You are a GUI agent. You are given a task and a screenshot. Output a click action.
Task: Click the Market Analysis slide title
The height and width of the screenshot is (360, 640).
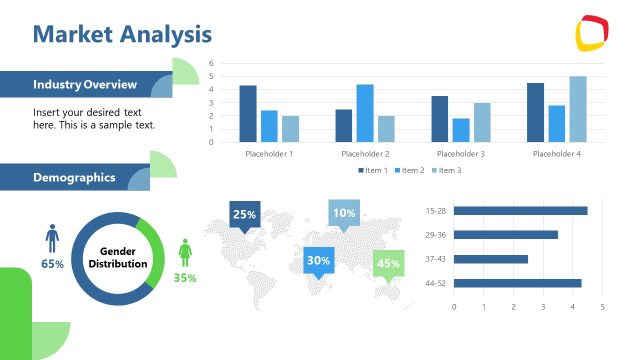[x=122, y=34]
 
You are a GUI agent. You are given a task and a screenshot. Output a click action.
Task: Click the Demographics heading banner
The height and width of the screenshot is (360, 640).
[x=74, y=178]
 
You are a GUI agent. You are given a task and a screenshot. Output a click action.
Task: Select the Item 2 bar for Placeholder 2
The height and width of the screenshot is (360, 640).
[x=364, y=113]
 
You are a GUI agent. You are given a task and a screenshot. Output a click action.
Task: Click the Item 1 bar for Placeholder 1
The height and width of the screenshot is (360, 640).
[x=248, y=113]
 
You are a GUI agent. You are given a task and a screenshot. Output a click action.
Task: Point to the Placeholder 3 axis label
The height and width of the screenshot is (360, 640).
[x=461, y=154]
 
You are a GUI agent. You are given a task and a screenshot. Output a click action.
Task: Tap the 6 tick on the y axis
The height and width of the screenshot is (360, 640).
[x=212, y=63]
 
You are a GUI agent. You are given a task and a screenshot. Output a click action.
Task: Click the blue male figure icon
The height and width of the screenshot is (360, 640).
[x=52, y=238]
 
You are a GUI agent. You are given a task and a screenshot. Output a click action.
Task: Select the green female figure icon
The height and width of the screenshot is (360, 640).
[x=185, y=253]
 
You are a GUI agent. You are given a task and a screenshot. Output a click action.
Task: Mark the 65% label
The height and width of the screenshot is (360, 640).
[x=52, y=264]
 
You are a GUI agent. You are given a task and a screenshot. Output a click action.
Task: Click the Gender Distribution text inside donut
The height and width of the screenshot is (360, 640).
[x=118, y=257]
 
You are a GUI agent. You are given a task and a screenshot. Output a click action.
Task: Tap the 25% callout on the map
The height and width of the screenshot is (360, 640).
[x=245, y=214]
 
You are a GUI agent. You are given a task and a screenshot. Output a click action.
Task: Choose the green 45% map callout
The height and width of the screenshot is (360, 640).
[x=388, y=264]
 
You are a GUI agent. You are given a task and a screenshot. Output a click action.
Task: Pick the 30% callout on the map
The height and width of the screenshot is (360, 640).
[x=318, y=260]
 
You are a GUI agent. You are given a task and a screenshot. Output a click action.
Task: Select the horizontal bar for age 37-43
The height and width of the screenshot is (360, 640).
[x=491, y=259]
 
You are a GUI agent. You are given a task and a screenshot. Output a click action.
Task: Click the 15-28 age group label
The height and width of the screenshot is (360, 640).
[x=435, y=211]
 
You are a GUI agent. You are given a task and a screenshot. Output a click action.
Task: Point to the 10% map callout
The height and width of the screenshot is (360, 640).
[x=344, y=213]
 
